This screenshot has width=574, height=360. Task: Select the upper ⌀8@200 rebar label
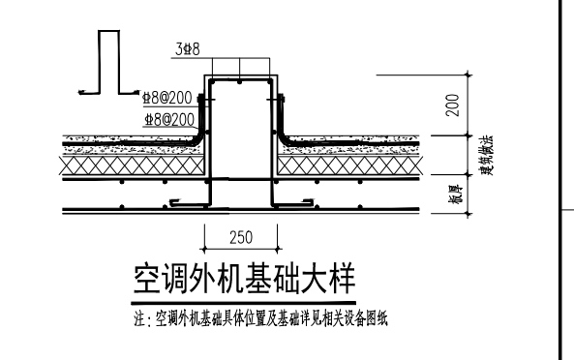pyautogui.click(x=167, y=98)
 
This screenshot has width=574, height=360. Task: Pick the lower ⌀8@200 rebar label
pyautogui.click(x=167, y=120)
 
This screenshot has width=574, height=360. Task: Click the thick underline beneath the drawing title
pyautogui.click(x=243, y=296)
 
